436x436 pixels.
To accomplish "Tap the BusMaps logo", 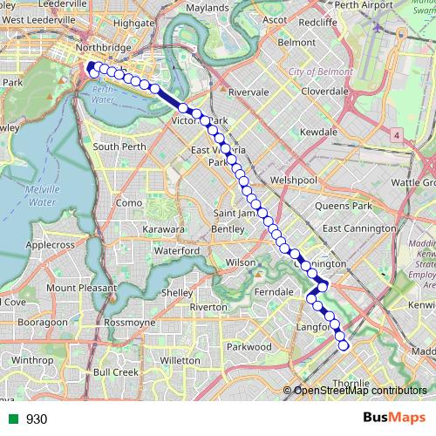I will coord(393,419).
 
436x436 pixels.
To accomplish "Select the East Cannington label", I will coord(358,228).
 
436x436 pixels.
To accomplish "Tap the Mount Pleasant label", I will coord(81,288).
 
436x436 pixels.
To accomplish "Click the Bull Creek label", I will coord(116,371).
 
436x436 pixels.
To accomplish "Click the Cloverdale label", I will coord(324,91).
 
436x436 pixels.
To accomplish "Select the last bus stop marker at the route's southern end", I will coord(343,345).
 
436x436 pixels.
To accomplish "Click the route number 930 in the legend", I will coord(37,419).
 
